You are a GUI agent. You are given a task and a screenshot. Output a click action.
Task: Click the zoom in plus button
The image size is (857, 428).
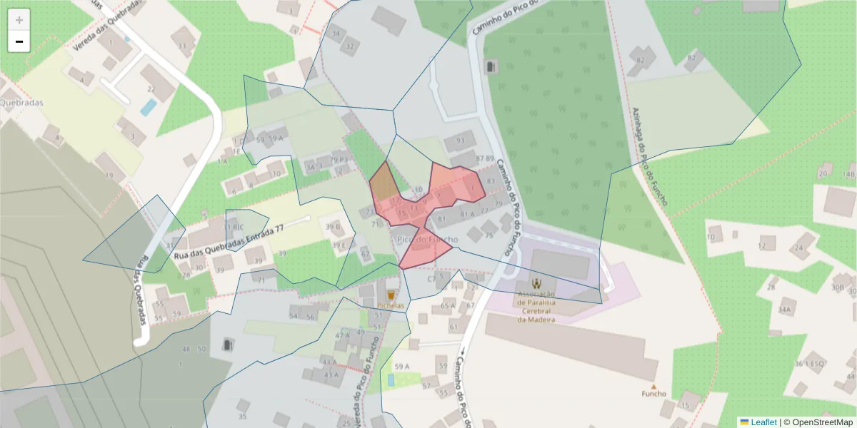tap(19, 20)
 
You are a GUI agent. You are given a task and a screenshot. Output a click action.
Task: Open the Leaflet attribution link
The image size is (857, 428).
tap(763, 422)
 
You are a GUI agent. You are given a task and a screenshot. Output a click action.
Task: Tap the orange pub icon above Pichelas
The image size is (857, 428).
tap(391, 294)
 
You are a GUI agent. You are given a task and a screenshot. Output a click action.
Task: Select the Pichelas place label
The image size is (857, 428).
tap(391, 306)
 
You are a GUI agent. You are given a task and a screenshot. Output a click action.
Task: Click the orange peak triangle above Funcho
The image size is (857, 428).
tap(653, 385)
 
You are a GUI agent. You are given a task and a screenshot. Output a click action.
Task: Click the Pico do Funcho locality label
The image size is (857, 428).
tap(426, 240)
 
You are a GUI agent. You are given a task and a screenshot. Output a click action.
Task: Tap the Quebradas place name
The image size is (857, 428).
tap(21, 103)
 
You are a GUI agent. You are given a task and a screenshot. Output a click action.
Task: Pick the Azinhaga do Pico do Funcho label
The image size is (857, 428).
tap(649, 157)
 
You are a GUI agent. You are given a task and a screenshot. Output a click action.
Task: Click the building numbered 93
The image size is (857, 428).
tap(460, 141)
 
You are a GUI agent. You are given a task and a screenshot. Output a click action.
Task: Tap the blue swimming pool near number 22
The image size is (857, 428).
tap(149, 108)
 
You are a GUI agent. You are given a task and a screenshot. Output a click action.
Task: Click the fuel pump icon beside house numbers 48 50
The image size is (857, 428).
tap(228, 345)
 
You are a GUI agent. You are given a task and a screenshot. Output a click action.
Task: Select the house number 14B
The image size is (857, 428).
tap(848, 173)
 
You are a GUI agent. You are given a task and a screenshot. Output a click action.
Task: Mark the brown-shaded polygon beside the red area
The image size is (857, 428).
tap(384, 183)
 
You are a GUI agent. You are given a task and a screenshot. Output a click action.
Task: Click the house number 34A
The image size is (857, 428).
tap(786, 310)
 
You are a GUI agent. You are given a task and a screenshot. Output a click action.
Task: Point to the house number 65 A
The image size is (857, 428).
tap(448, 306)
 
